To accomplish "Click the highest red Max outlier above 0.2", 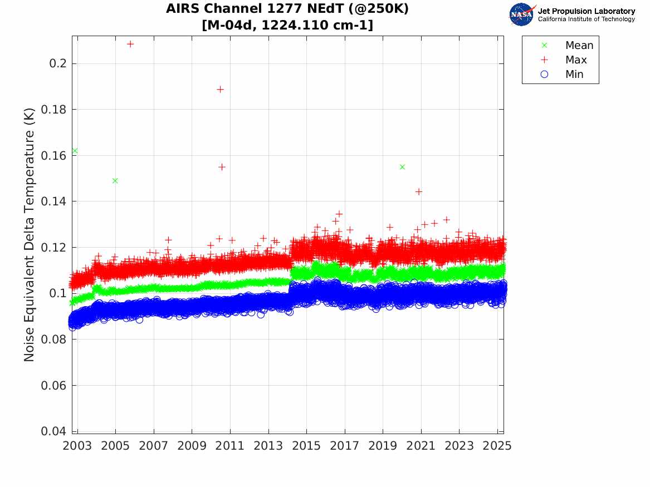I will [130, 44].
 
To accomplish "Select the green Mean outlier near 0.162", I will [75, 151].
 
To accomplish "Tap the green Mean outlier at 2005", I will [115, 180].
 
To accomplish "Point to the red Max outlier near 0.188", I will [220, 89].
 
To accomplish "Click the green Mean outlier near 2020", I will [402, 167].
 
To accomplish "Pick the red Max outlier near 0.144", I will [419, 191].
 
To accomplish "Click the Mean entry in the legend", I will [579, 45].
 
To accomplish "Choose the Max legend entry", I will [575, 60].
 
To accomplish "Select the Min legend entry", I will [574, 74].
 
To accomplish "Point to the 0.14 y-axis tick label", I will [55, 201].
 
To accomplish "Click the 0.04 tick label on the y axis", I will [55, 431].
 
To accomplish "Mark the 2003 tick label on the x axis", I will [77, 446].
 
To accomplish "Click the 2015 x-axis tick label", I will [306, 446].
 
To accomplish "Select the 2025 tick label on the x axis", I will [497, 446].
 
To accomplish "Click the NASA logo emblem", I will [521, 15].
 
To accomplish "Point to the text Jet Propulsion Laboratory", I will [586, 11].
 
